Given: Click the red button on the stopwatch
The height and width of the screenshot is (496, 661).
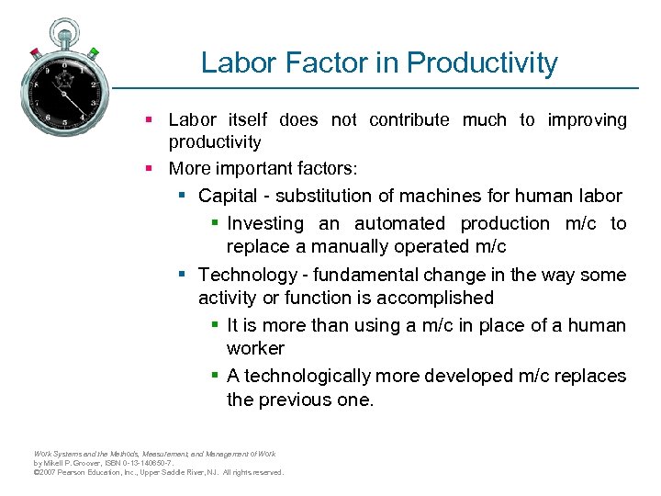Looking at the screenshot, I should click(x=35, y=51).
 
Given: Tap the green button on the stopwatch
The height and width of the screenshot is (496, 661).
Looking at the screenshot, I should click(x=94, y=52).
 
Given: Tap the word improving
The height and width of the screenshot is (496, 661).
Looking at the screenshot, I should click(x=587, y=119).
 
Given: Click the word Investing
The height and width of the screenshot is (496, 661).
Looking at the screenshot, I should click(x=265, y=223).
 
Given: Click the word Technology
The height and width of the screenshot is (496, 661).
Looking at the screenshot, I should click(x=243, y=275).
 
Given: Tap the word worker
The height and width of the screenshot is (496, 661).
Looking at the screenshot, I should click(x=255, y=348).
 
